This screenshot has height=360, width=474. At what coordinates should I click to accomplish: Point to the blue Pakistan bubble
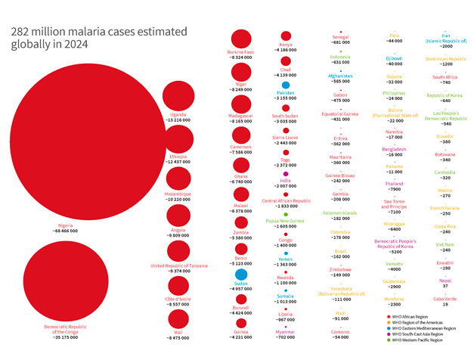pyautogui.click(x=285, y=85)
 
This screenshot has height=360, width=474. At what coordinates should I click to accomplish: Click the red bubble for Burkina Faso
pyautogui.click(x=241, y=39)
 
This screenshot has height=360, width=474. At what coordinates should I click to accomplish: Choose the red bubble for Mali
pyautogui.click(x=178, y=318)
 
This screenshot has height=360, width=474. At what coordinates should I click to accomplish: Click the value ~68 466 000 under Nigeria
pyautogui.click(x=67, y=231)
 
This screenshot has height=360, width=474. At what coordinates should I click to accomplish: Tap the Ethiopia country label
pyautogui.click(x=178, y=157)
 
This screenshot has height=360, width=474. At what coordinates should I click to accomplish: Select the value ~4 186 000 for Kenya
pyautogui.click(x=286, y=50)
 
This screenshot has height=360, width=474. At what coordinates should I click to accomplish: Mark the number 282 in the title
pyautogui.click(x=20, y=33)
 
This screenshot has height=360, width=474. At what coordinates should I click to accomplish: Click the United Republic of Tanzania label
pyautogui.click(x=178, y=265)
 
